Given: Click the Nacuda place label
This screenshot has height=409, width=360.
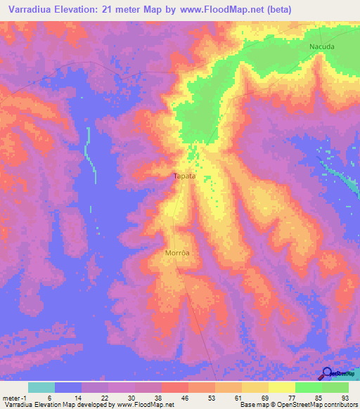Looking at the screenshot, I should click(322, 46).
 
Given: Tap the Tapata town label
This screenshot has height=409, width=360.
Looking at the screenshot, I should click(184, 177).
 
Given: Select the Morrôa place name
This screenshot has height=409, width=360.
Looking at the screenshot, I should click(177, 252).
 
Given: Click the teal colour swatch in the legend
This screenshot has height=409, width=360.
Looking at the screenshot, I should click(41, 387).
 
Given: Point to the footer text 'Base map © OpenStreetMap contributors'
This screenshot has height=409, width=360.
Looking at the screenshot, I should click(297, 405).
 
